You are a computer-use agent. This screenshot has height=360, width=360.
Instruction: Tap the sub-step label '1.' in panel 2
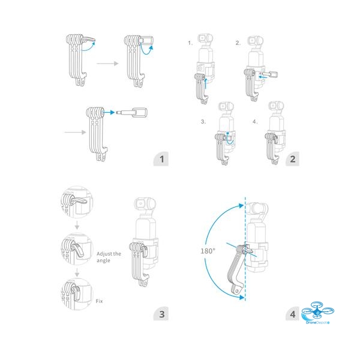pyautogui.click(x=190, y=43)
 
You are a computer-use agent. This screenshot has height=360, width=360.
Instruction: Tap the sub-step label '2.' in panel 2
pyautogui.click(x=238, y=43)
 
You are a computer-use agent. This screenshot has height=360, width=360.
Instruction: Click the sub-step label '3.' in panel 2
pyautogui.click(x=203, y=121)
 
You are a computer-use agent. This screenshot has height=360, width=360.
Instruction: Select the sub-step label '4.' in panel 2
pyautogui.click(x=255, y=121)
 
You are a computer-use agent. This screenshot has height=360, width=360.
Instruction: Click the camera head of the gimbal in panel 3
pyautogui.click(x=145, y=205)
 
